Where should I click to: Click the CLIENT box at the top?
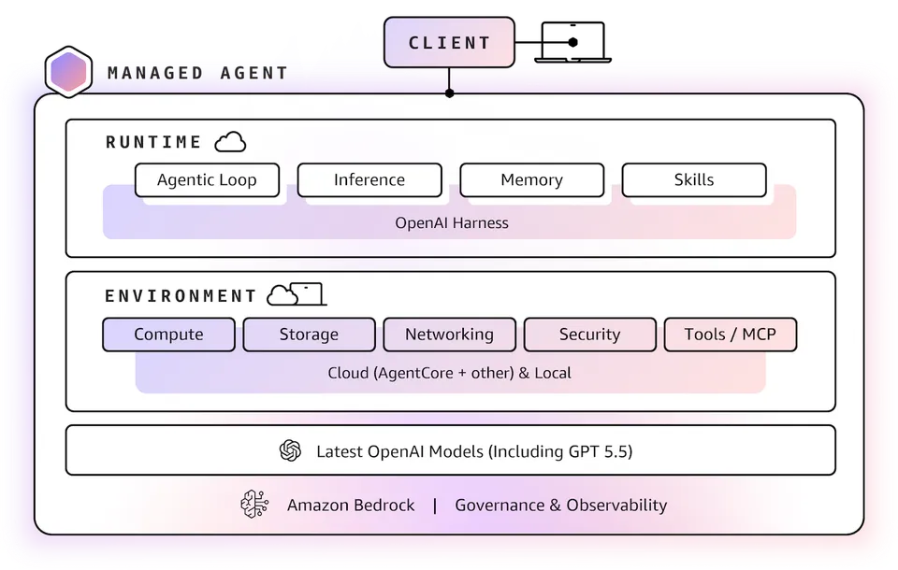[x=449, y=43]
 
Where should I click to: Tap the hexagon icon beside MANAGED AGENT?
[x=68, y=73]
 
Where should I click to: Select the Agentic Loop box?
[x=207, y=180]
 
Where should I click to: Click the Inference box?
[x=369, y=180]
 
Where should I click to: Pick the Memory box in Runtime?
[x=531, y=180]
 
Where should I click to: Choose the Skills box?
[x=694, y=180]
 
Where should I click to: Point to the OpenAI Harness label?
[x=452, y=223]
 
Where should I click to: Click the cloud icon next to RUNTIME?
[x=230, y=142]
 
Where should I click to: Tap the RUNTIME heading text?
[x=153, y=143]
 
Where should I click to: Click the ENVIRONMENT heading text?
[x=181, y=296]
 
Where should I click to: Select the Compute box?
[x=168, y=335]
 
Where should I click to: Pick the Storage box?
[x=309, y=335]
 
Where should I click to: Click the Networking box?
[x=449, y=335]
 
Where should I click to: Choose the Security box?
[x=589, y=335]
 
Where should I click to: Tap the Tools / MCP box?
[x=730, y=335]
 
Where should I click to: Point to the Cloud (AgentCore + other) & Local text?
[x=449, y=373]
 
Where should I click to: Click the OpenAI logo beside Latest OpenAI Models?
[x=290, y=451]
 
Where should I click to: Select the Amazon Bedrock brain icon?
[x=254, y=505]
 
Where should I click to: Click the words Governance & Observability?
[x=560, y=506]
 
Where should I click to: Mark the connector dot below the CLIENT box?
[x=449, y=93]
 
